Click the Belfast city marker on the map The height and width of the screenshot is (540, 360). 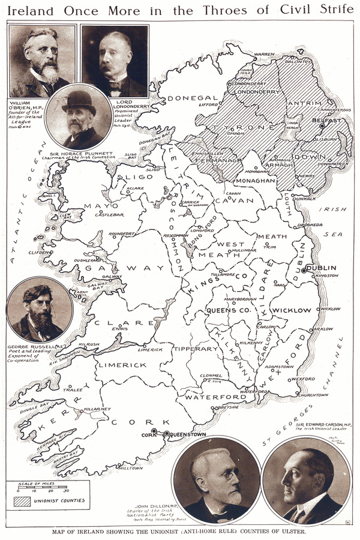click(322, 126)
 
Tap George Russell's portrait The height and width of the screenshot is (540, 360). click(39, 310)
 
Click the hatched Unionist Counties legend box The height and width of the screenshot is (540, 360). click(23, 499)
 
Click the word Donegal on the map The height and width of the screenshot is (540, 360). click(192, 98)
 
